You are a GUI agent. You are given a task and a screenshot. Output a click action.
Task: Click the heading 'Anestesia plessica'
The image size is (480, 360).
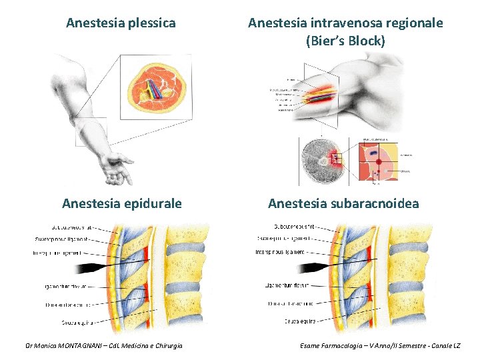coord(121,23)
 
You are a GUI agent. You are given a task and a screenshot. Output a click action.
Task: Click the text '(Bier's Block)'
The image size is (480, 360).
coord(345,41)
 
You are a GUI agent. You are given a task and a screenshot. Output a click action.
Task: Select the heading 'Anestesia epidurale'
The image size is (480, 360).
coord(121,203)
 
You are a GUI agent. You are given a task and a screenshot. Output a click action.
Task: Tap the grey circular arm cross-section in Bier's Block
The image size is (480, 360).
coord(323,161)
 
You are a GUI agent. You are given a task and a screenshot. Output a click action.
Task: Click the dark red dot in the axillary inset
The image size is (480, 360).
coord(379,161)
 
